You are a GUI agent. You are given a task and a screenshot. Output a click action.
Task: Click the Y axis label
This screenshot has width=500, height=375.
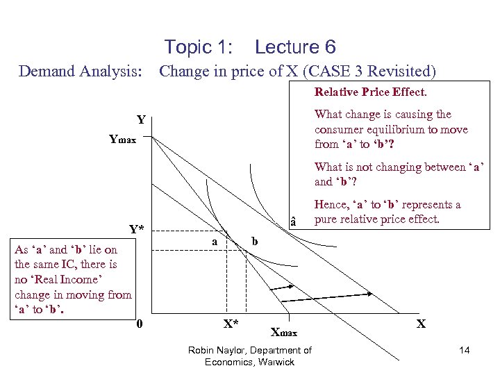click(141, 120)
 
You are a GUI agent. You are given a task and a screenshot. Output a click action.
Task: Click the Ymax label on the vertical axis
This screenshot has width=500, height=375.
click(122, 140)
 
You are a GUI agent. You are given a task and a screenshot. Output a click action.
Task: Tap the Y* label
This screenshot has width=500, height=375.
click(137, 229)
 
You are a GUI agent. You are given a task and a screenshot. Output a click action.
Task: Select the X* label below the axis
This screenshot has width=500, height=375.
click(231, 324)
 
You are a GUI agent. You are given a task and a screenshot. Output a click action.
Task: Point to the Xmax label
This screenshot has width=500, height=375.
click(283, 333)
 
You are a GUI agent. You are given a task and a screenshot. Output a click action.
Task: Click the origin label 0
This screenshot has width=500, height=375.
click(140, 324)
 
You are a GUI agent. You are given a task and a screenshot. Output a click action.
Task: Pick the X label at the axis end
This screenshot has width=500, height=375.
click(421, 324)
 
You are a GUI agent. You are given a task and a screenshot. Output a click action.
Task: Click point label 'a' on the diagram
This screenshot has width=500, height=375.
click(215, 241)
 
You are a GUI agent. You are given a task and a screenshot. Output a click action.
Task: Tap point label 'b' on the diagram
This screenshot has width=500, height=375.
click(255, 241)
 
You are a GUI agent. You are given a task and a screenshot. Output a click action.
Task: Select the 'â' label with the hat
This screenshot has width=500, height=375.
click(293, 222)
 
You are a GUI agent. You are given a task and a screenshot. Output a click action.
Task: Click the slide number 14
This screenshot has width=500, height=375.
click(464, 351)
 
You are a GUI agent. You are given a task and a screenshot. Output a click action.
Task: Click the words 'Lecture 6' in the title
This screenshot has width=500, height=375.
click(295, 47)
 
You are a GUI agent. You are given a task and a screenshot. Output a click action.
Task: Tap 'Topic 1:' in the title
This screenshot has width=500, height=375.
click(198, 47)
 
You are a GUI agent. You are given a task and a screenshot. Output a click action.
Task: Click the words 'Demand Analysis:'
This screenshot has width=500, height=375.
click(80, 71)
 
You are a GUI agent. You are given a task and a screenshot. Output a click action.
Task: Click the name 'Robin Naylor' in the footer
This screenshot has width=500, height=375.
click(218, 350)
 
